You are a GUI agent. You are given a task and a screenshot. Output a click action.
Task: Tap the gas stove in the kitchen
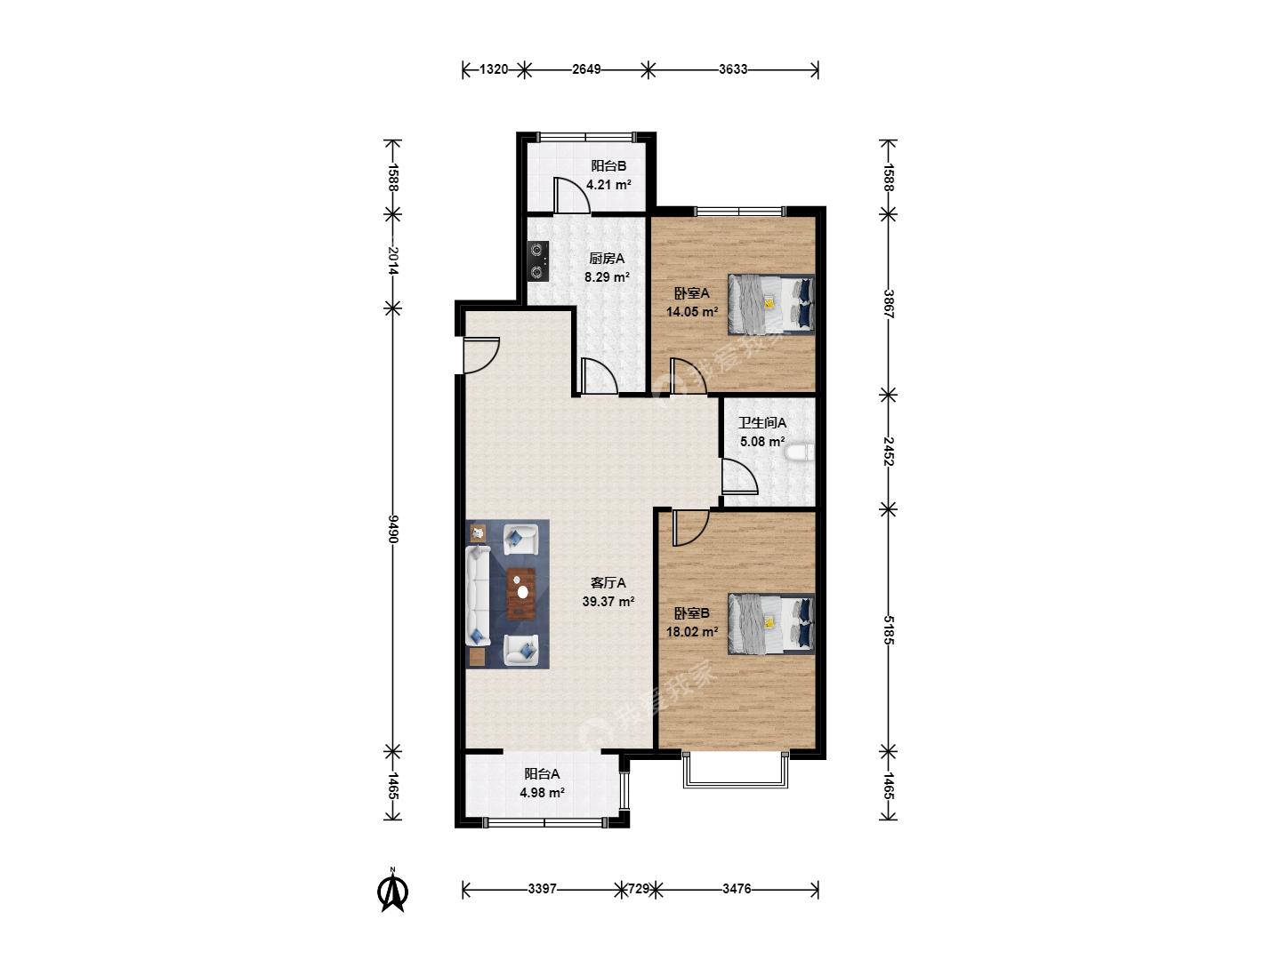[x=537, y=261]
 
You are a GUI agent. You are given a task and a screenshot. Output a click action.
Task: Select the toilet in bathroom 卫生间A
[x=800, y=453]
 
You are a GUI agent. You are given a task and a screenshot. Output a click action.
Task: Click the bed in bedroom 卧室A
[x=771, y=304]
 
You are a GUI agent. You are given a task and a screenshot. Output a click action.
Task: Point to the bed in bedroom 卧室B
[x=771, y=624]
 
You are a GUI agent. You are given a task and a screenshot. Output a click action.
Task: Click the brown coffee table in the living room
[x=521, y=594]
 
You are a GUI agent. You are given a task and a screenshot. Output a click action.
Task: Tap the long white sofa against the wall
[x=478, y=596]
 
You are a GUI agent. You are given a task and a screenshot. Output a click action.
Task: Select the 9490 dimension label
[x=393, y=529]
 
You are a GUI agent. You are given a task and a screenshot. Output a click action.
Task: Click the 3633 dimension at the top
[x=733, y=69]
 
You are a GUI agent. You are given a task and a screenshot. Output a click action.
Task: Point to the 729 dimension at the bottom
[x=639, y=889]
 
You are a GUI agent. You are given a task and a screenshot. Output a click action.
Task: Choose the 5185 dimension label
[x=888, y=630]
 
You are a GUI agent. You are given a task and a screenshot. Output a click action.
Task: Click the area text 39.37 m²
[x=608, y=602]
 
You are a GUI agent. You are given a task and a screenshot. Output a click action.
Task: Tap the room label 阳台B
[x=608, y=166]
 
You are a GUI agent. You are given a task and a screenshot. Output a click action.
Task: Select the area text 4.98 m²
[x=542, y=793]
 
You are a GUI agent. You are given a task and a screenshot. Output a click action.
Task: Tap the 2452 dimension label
[x=888, y=452]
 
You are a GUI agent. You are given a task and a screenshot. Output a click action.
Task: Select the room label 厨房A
[x=607, y=258]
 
